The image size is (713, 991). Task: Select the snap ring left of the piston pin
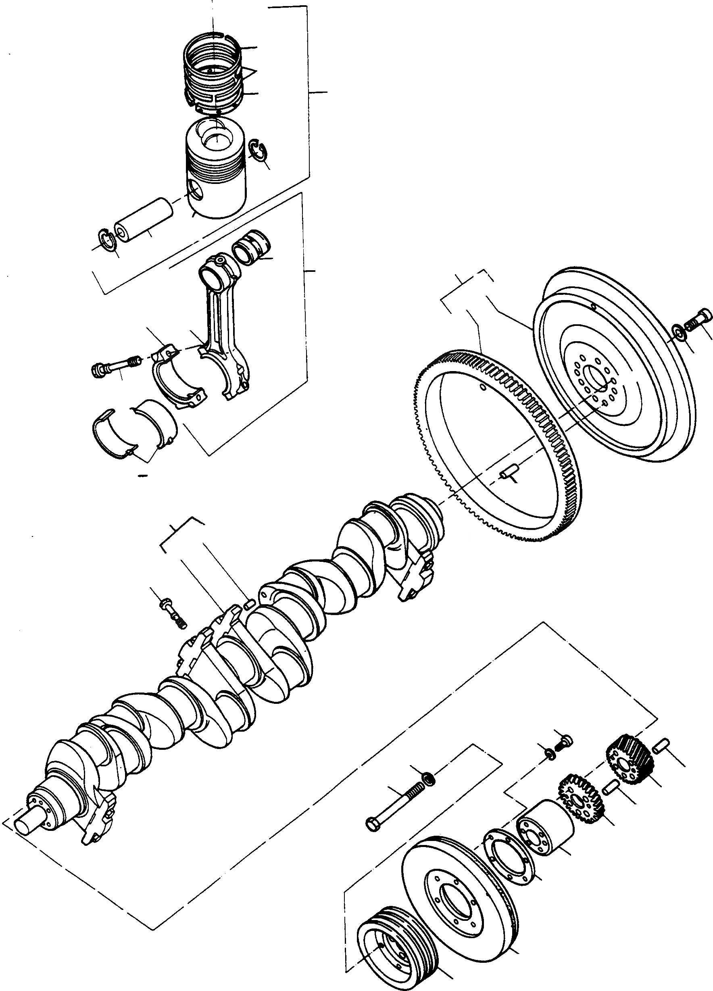pyautogui.click(x=107, y=240)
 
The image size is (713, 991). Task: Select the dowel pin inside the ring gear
pyautogui.click(x=509, y=472)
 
